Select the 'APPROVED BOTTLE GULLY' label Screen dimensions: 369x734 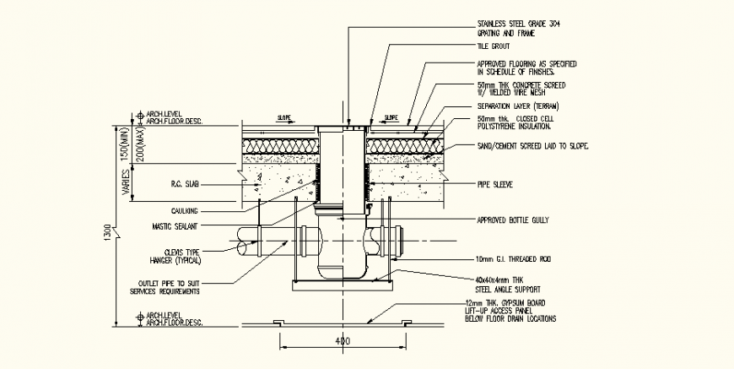[x=513, y=220]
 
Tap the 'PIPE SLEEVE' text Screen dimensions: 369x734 [x=495, y=182]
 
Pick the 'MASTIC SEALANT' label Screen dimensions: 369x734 [x=174, y=225]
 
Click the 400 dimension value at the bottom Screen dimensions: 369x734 [x=343, y=342]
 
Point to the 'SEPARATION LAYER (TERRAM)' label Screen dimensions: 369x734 [x=519, y=108]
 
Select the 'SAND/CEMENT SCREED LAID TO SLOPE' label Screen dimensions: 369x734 [x=532, y=146]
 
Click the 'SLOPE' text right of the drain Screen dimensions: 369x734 [x=391, y=118]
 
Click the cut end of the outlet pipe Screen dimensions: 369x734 [x=246, y=244]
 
